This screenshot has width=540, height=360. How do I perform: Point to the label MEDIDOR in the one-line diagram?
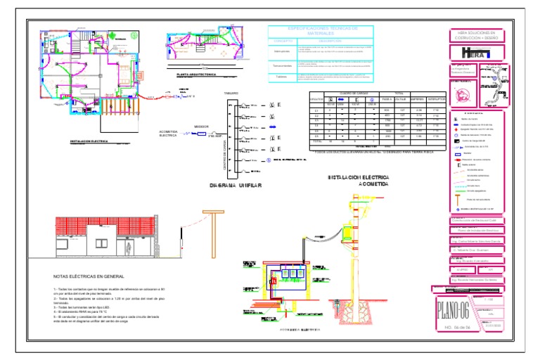[200, 127]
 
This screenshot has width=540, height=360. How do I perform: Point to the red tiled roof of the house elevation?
[106, 226]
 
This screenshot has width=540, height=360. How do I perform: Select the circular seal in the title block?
[462, 94]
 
